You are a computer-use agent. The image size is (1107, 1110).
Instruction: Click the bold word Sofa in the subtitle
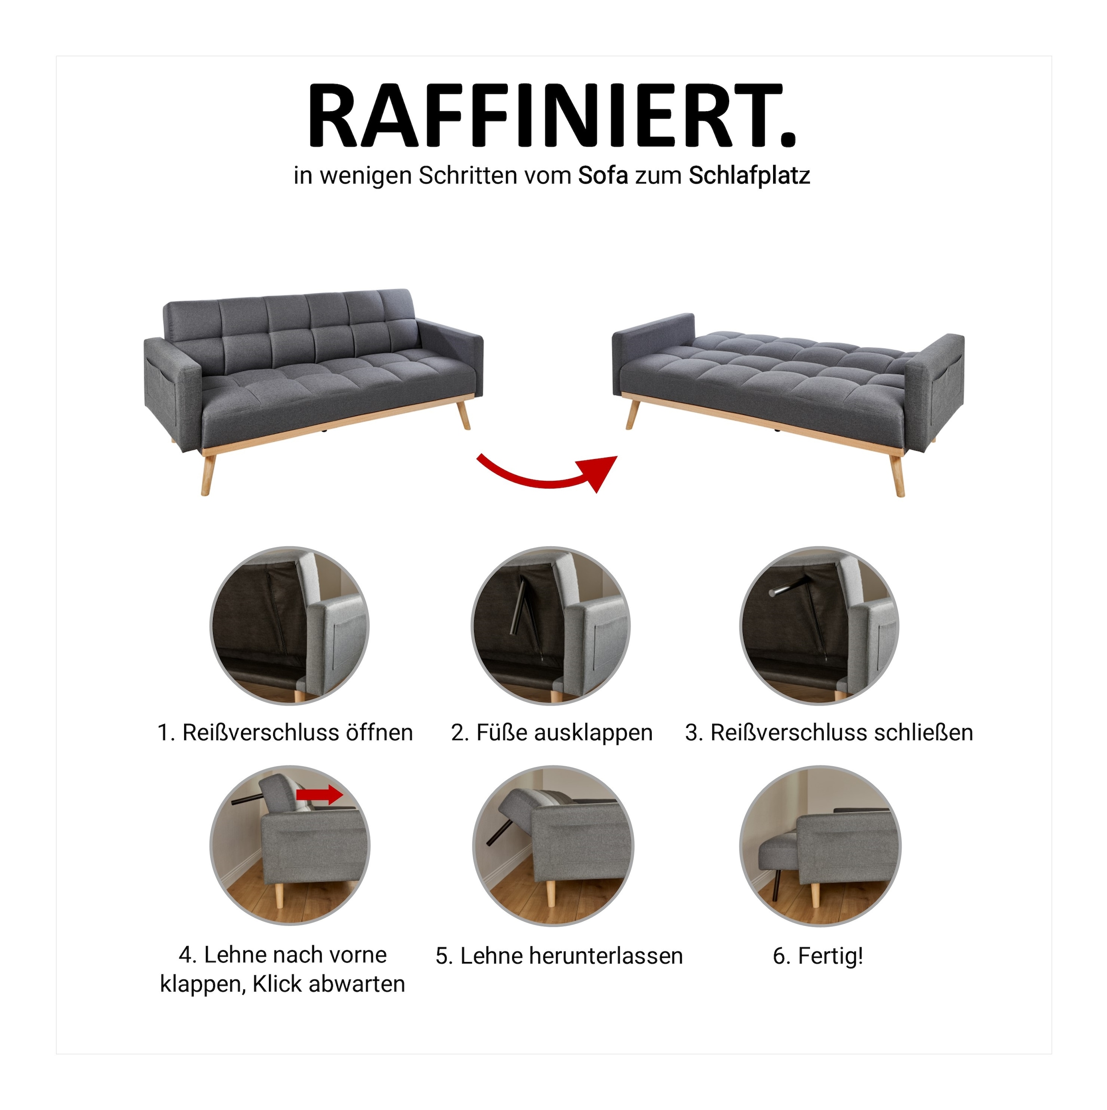tap(602, 176)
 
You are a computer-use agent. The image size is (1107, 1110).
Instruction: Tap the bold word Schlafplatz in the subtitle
tap(749, 176)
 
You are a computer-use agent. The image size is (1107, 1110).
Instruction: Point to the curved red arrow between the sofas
tap(546, 473)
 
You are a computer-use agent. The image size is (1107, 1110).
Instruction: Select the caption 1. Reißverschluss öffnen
tap(285, 733)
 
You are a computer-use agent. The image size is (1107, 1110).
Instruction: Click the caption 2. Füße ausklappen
tap(552, 733)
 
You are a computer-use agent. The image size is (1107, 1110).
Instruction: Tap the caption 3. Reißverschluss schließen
tap(829, 733)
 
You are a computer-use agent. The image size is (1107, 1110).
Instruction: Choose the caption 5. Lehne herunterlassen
tap(559, 956)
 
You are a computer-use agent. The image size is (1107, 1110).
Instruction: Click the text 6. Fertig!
tap(817, 956)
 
